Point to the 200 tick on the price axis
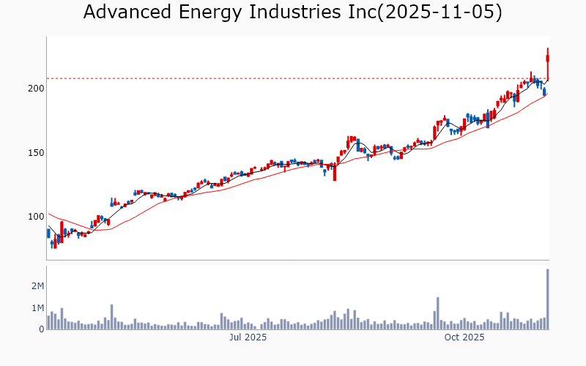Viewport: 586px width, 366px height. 36,89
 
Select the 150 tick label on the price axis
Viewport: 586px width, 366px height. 36,152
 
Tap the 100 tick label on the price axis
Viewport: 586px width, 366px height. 36,217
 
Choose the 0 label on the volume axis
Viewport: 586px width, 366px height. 41,329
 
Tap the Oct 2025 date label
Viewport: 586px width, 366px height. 465,337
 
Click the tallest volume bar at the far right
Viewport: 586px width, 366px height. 547,299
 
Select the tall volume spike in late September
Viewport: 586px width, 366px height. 437,313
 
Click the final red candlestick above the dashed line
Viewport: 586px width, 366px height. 547,59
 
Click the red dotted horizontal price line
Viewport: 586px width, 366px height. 293,78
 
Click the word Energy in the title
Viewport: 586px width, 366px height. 207,12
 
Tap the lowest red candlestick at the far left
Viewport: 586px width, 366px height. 55,243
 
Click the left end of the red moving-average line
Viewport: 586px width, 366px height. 48,214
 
